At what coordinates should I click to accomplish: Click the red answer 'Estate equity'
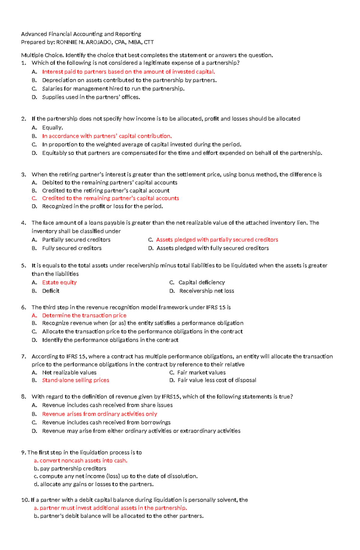(59, 282)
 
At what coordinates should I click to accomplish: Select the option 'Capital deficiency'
(201, 282)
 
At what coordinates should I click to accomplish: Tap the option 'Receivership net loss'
(206, 291)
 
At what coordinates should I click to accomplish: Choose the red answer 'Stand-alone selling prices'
(76, 380)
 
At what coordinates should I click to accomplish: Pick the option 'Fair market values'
(201, 373)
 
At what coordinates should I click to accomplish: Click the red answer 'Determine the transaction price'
(84, 315)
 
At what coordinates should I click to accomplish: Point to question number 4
(24, 223)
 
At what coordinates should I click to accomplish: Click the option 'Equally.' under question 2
(52, 127)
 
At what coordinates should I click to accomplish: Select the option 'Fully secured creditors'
(72, 248)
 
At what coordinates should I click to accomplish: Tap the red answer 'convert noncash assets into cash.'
(83, 460)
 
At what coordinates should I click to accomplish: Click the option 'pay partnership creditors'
(73, 468)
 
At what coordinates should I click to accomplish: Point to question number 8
(24, 397)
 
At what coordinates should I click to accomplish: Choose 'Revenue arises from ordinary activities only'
(100, 414)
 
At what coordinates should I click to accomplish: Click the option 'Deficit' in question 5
(51, 291)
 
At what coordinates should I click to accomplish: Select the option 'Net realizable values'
(69, 373)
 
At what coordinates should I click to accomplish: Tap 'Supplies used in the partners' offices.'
(91, 97)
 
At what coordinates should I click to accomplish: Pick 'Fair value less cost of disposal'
(217, 380)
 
